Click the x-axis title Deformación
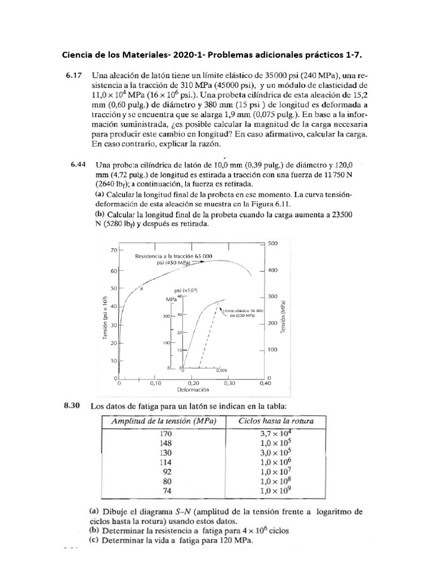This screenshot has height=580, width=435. click(x=194, y=390)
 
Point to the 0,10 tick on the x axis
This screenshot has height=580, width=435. click(x=155, y=383)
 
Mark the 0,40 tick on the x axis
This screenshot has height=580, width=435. click(x=265, y=383)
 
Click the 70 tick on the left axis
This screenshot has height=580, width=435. click(x=113, y=250)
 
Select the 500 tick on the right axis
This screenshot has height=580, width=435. click(x=273, y=244)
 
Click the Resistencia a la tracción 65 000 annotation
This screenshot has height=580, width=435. click(x=173, y=257)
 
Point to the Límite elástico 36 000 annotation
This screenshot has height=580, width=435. click(x=244, y=311)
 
